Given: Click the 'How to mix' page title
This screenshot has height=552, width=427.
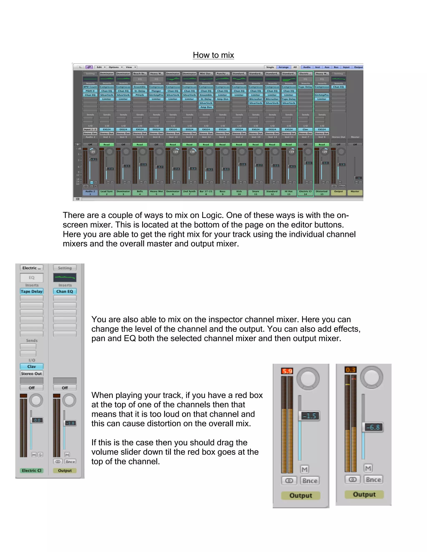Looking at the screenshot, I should coord(213,55).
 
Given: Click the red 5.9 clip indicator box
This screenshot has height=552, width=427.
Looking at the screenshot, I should coord(287,371).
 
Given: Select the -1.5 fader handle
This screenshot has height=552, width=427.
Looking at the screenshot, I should coord(309,416).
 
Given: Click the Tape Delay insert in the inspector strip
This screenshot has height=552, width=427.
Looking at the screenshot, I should coord(32,291).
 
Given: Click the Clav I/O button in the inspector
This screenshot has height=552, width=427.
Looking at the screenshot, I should coord(32,366).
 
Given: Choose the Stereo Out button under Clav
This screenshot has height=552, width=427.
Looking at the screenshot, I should coord(32,373).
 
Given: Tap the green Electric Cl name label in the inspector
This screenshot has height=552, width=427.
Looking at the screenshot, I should coord(32,470).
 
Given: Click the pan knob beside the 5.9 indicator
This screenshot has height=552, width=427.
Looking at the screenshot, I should coord(308,379).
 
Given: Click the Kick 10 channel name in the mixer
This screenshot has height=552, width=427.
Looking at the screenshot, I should coord(239,193).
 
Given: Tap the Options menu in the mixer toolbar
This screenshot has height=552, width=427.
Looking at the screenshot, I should coord(115,67).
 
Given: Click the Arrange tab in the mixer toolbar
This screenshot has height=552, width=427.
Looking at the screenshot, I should coord(283,67).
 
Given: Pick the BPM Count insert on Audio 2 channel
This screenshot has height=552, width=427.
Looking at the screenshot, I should coord(90,87).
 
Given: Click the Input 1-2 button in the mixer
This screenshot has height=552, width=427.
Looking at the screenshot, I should coord(90,129).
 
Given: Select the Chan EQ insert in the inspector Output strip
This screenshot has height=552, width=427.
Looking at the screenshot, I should coord(65,291).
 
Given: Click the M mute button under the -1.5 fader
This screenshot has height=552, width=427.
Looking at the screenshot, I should coord(305,469).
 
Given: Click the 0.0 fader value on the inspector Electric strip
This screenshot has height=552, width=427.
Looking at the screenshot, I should coord(37,420).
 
